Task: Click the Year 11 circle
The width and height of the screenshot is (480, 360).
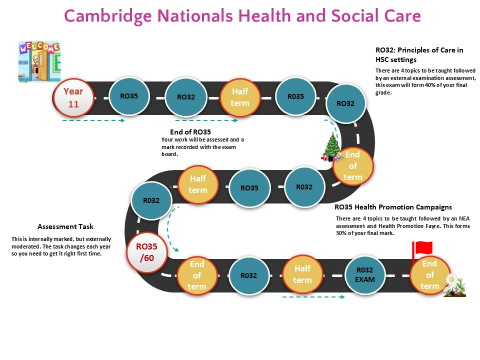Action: click(x=73, y=98)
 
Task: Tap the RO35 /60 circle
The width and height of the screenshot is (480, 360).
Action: click(x=147, y=252)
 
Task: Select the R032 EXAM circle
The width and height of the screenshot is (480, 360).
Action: click(x=365, y=275)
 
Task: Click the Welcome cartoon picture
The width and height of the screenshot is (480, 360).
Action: click(x=39, y=62)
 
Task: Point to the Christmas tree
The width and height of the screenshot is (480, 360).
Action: click(x=332, y=146)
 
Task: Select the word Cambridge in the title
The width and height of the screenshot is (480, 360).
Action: click(x=108, y=16)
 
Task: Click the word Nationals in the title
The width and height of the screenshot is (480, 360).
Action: click(x=195, y=15)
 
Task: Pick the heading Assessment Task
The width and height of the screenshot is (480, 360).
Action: click(x=65, y=226)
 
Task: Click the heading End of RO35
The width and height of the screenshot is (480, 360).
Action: click(x=190, y=132)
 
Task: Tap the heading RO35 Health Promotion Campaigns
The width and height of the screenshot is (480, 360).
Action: click(x=393, y=207)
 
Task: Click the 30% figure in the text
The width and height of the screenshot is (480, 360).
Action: click(x=341, y=233)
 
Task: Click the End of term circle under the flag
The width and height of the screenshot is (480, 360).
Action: click(x=430, y=275)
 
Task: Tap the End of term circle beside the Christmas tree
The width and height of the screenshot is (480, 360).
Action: click(x=353, y=166)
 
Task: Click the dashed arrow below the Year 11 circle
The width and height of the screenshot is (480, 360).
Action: click(x=93, y=120)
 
